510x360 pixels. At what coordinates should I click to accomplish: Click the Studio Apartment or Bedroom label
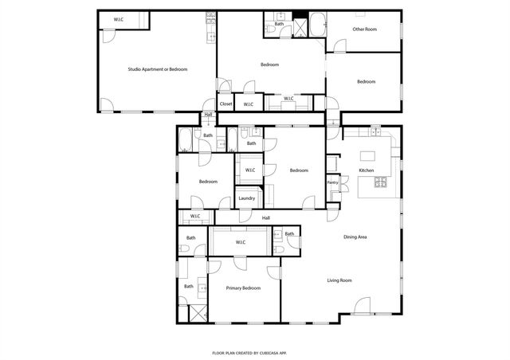pos(158,69)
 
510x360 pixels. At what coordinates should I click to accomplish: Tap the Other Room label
pos(365,29)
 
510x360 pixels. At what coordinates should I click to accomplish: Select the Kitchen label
pos(367,170)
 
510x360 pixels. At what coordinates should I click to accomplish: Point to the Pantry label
pos(333,183)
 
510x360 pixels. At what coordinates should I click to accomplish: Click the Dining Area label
pos(355,237)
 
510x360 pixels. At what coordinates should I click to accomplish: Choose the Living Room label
pos(340,280)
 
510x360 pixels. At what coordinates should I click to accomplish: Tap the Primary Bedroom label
pos(243,288)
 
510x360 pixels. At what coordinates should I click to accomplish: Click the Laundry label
pos(246,198)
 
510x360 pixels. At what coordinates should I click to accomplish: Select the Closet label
pos(226,104)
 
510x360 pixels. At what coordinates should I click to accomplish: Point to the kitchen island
pos(368,156)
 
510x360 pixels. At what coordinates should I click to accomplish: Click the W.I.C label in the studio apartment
pos(119,18)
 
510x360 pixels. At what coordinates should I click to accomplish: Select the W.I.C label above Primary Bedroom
pos(240,241)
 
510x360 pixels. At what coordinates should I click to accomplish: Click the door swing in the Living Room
pos(363,306)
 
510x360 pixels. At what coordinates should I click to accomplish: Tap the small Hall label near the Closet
pos(209,115)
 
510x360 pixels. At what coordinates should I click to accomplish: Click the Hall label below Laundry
pos(266,217)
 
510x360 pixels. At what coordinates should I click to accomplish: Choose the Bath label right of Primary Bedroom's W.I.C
pos(289,234)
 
